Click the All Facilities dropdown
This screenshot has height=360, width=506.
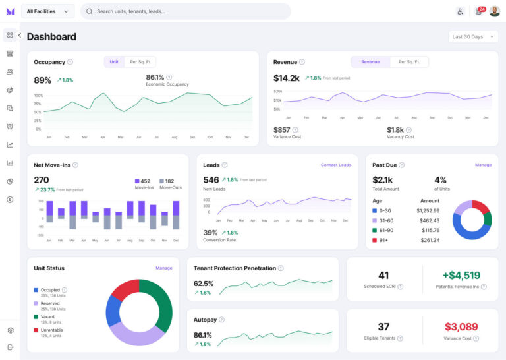pos(47,11)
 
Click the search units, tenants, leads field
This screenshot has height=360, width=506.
pos(185,11)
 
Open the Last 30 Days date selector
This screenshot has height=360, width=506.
pos(473,37)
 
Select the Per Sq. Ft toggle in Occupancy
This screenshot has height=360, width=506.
pos(140,62)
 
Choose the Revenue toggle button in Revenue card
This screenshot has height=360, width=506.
pos(370,62)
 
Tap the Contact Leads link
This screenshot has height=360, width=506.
pos(335,165)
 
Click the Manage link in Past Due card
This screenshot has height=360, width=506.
pos(483,165)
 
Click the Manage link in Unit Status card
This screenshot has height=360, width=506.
pos(163,268)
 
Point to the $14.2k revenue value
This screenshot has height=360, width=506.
pos(287,78)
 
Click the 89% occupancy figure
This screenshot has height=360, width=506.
pos(43,80)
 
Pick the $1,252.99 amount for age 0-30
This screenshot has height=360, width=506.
pos(428,211)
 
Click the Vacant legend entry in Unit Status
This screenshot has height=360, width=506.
pos(47,316)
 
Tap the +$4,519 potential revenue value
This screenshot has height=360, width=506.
pos(461,276)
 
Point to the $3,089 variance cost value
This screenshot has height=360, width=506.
pos(461,326)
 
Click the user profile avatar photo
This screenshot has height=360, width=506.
pos(494,11)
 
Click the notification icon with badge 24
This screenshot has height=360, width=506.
pos(479,11)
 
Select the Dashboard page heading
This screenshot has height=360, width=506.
pos(51,37)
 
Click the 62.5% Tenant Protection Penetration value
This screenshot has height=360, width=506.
pos(204,283)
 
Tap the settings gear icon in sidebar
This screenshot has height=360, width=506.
pos(10,330)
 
